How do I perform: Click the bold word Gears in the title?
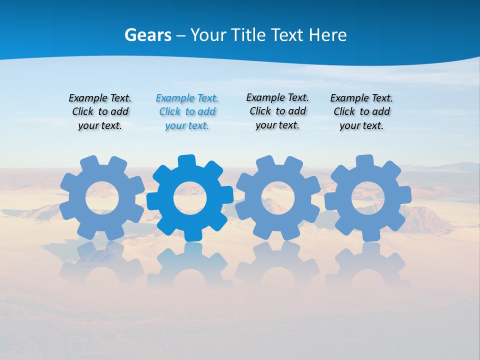click(147, 35)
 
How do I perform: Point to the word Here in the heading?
click(327, 35)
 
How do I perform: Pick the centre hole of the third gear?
click(278, 198)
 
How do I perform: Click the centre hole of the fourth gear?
click(368, 198)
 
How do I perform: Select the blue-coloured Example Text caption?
click(187, 112)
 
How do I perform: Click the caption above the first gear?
click(100, 112)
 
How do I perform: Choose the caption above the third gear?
click(277, 111)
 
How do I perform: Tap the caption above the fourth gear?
click(361, 112)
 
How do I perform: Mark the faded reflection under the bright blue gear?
click(190, 265)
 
